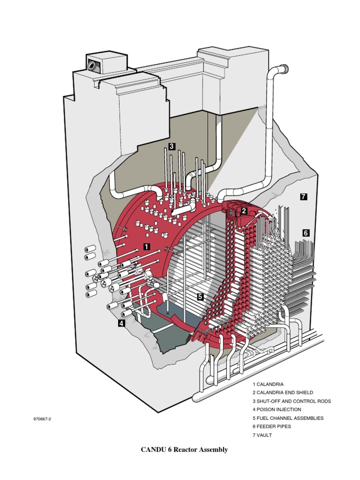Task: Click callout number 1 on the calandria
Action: pyautogui.click(x=147, y=246)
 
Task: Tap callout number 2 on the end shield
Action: pyautogui.click(x=244, y=211)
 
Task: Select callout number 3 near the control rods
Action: pyautogui.click(x=172, y=146)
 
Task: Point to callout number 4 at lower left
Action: pyautogui.click(x=121, y=323)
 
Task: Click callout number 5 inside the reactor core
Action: pyautogui.click(x=200, y=296)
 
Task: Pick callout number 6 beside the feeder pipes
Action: pyautogui.click(x=306, y=232)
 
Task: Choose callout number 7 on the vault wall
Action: pyautogui.click(x=303, y=196)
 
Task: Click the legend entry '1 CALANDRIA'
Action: pyautogui.click(x=268, y=384)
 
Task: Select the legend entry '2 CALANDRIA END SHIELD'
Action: pyautogui.click(x=283, y=392)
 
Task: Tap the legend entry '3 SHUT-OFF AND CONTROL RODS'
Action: pyautogui.click(x=292, y=401)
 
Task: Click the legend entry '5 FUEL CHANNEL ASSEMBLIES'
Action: pyautogui.click(x=288, y=418)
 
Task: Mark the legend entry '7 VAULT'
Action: pyautogui.click(x=262, y=435)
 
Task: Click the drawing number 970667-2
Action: pyautogui.click(x=42, y=419)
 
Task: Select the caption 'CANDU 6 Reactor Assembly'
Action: pyautogui.click(x=184, y=450)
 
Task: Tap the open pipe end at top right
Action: pyautogui.click(x=284, y=69)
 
